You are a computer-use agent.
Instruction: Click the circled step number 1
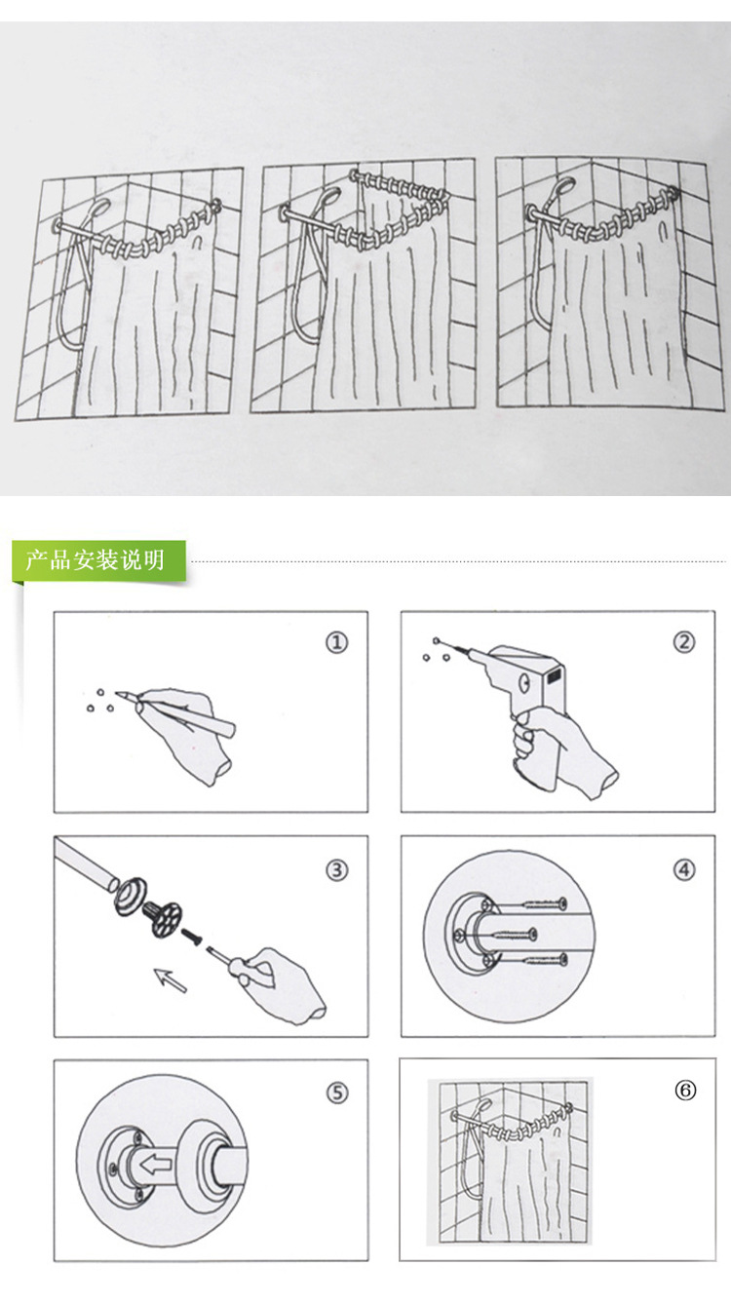336,642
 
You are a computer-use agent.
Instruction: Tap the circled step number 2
684,642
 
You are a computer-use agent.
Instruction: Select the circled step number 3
336,870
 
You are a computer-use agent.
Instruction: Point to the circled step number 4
684,870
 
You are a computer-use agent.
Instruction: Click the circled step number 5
336,1093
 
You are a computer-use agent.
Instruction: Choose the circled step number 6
685,1091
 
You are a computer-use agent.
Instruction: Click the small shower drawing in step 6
510,1161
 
